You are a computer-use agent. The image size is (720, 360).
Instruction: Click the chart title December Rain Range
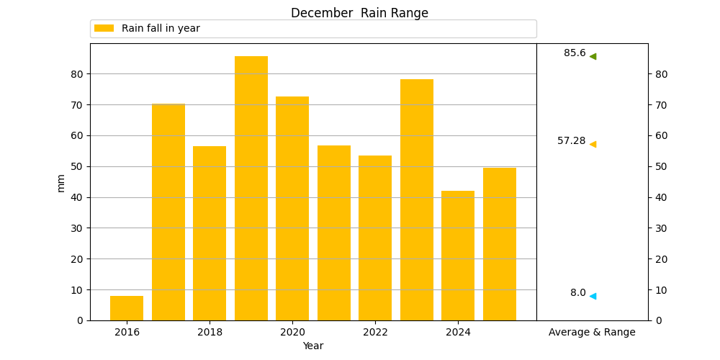[359, 13]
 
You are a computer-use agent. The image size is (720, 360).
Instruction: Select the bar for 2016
[127, 308]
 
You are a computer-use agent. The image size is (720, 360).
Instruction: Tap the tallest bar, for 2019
[251, 188]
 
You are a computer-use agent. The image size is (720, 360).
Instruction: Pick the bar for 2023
[416, 199]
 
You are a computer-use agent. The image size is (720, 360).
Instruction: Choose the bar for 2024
[458, 256]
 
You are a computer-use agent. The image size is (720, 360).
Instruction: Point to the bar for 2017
[168, 212]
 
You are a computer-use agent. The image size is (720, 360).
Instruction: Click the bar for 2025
[500, 244]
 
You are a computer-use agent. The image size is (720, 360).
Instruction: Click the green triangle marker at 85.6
[593, 56]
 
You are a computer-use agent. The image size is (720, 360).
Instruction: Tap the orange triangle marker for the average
[593, 144]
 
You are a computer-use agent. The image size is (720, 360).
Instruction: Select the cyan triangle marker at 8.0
[593, 296]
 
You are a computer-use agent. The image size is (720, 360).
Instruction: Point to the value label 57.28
[572, 141]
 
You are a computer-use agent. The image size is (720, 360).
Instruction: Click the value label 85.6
[575, 53]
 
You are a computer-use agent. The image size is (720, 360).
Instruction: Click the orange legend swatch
[104, 29]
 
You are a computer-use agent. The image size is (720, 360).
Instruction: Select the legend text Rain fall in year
[161, 29]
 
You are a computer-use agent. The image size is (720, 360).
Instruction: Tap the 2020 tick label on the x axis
[292, 332]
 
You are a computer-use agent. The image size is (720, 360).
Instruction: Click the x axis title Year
[313, 346]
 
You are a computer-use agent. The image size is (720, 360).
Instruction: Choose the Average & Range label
[593, 332]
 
